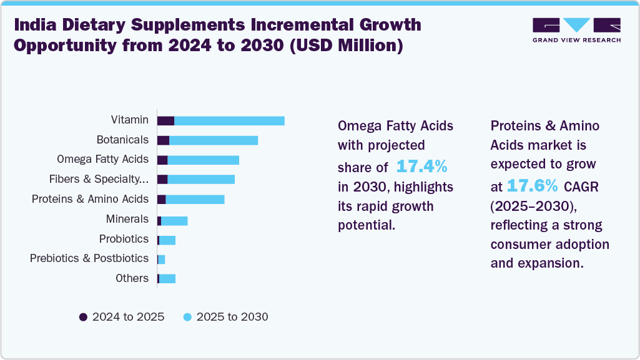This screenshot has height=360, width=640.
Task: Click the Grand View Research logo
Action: (576, 30)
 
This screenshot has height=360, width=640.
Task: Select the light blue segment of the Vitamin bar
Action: (229, 120)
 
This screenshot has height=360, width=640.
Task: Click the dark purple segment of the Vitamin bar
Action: (165, 120)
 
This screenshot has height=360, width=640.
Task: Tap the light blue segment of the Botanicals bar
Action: (214, 140)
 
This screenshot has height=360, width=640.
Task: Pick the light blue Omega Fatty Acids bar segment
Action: (203, 160)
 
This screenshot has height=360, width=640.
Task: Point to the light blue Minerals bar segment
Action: (174, 220)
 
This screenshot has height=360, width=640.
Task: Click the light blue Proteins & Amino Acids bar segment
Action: (195, 200)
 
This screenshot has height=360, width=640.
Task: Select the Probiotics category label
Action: (124, 239)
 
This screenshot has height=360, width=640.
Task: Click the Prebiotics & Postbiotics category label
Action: (89, 258)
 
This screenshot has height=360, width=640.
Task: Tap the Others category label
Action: (132, 278)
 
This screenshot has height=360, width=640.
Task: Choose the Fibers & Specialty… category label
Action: (99, 180)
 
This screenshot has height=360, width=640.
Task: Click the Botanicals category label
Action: (122, 140)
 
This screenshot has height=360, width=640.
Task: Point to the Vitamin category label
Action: (129, 120)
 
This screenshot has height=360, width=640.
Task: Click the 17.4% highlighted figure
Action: (421, 167)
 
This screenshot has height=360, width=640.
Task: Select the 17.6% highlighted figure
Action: (531, 185)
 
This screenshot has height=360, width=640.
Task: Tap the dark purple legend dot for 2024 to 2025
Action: (84, 317)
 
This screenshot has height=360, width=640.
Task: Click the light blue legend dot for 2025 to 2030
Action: (187, 317)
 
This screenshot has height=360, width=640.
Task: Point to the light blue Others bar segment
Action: (167, 278)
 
